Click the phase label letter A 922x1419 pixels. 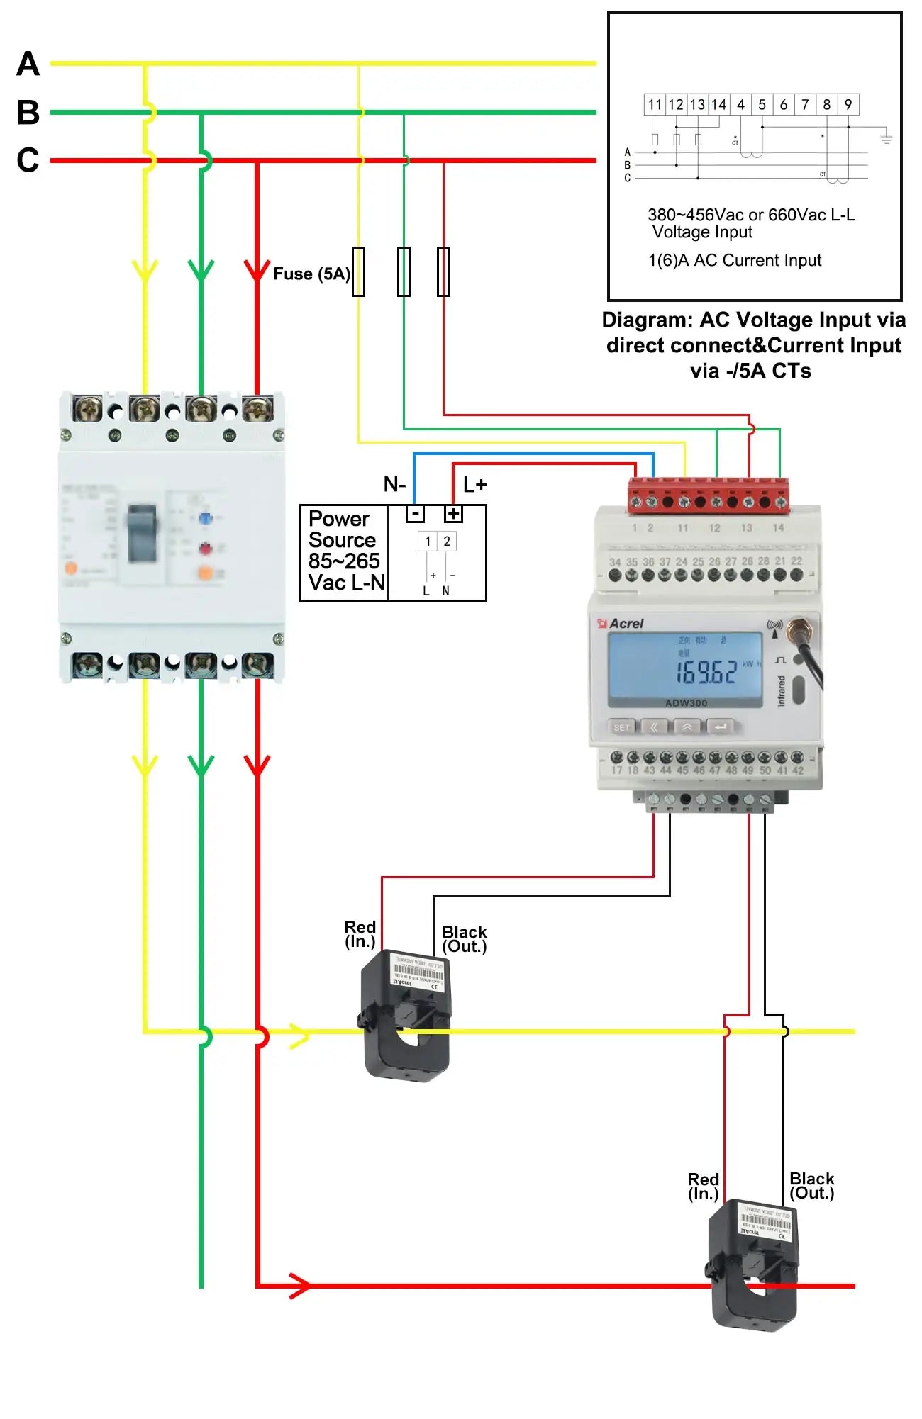(x=28, y=64)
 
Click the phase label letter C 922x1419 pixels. (x=28, y=160)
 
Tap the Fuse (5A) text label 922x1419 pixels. (x=311, y=274)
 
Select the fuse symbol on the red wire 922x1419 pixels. (x=443, y=271)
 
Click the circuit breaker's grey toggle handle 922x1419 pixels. (x=143, y=532)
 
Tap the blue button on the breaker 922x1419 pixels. (x=205, y=518)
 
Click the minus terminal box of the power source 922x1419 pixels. (x=415, y=514)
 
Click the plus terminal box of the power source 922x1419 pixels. (x=453, y=514)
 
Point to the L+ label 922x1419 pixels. (x=474, y=485)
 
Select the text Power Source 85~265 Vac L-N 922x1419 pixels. (x=345, y=551)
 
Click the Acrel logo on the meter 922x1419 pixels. (x=621, y=624)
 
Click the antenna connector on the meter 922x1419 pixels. (x=799, y=627)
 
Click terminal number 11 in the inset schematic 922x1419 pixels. (x=655, y=105)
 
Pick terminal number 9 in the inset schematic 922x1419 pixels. (x=848, y=105)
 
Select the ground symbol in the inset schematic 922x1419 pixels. (x=886, y=138)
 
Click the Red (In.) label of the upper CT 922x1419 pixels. (x=360, y=934)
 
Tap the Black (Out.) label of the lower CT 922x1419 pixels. (x=811, y=1186)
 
